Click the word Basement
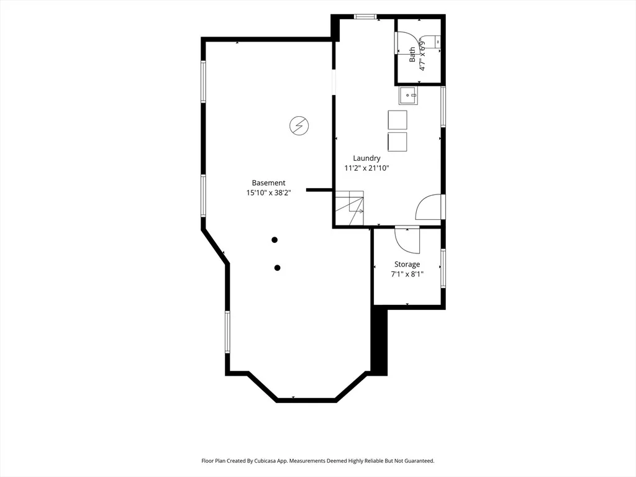click(x=268, y=183)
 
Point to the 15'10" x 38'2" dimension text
click(x=268, y=193)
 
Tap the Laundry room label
click(x=366, y=158)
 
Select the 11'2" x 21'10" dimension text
click(x=366, y=168)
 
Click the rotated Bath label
click(x=412, y=55)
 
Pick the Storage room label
click(x=407, y=265)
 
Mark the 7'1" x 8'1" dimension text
click(x=407, y=274)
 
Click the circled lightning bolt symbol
click(x=299, y=125)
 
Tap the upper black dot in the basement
click(x=275, y=240)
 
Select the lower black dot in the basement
click(x=278, y=268)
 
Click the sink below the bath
click(x=409, y=96)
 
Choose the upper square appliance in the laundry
click(x=397, y=120)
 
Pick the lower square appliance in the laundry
click(x=397, y=142)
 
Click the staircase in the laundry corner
click(x=349, y=208)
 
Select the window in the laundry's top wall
click(x=365, y=17)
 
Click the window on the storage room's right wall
click(x=443, y=268)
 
